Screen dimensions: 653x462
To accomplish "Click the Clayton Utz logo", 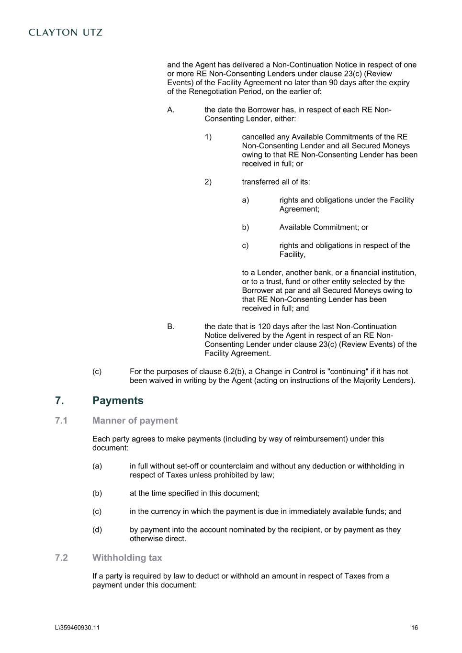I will (66, 33).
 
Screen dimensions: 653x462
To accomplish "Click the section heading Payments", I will (118, 400).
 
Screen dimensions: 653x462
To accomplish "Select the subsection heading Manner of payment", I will (135, 421).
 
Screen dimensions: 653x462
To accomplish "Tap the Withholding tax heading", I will (127, 557).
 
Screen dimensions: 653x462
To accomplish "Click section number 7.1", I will (61, 421).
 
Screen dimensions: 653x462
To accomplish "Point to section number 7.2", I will (61, 557).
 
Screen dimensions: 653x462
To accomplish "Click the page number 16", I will (414, 628).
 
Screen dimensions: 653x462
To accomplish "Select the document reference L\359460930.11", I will (78, 628).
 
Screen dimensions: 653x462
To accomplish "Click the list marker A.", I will (170, 110).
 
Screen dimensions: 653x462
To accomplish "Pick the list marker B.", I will (170, 327).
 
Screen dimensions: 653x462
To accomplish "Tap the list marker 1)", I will (208, 137).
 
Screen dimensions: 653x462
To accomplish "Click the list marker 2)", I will (208, 182).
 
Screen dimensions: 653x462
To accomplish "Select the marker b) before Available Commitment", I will (245, 227).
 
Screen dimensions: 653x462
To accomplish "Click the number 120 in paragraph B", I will (264, 327).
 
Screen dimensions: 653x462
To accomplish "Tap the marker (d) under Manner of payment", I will (97, 530).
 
